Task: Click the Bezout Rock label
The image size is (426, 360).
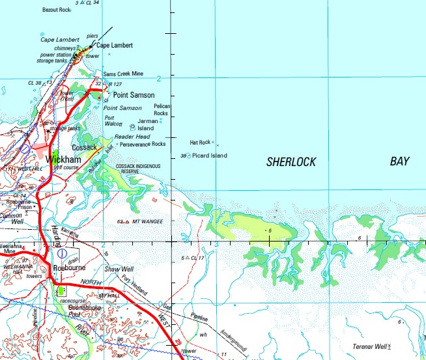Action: tap(56, 10)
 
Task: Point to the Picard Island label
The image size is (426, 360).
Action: tap(209, 156)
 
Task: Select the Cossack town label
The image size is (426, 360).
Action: tap(84, 148)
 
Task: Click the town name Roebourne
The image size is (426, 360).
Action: tap(70, 266)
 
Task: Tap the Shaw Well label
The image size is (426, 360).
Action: tap(119, 269)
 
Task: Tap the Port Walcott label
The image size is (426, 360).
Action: tap(113, 120)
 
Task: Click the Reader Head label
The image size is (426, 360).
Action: tap(132, 137)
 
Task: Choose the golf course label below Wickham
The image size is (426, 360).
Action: tap(66, 167)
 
